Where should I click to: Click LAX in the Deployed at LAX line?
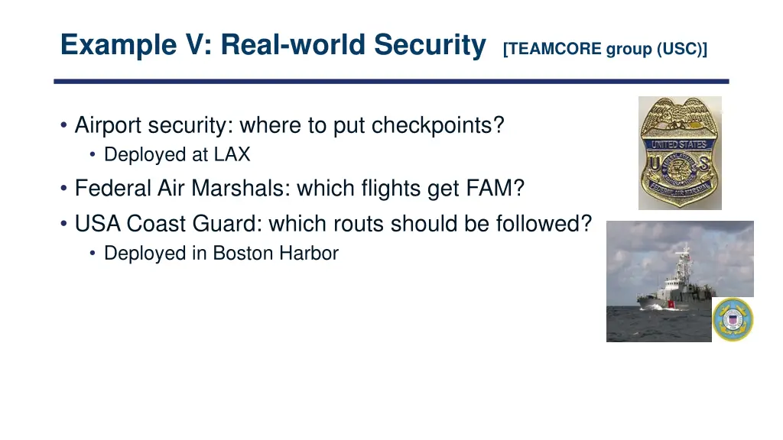[x=232, y=154]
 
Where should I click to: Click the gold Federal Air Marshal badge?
[x=680, y=157]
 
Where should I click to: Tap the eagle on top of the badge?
[x=680, y=115]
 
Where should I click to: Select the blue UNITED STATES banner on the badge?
[x=680, y=144]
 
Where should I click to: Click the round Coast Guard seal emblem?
[x=733, y=319]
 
